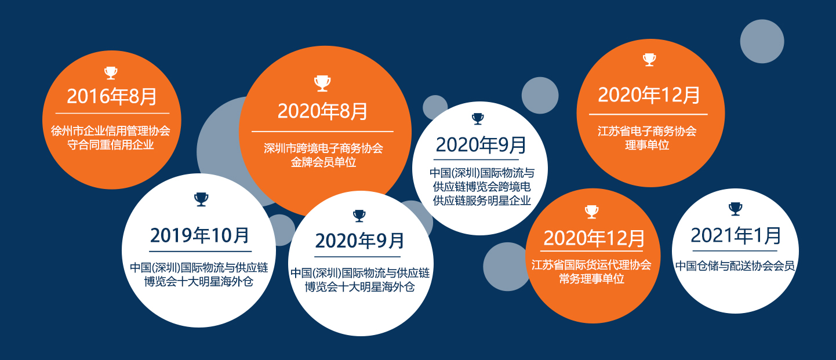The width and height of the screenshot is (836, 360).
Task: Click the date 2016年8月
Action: [x=111, y=96]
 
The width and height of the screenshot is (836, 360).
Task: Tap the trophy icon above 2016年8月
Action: [x=111, y=72]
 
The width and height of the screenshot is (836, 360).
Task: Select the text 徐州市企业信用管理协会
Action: [x=111, y=130]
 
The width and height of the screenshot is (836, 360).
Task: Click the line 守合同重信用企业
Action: [x=111, y=144]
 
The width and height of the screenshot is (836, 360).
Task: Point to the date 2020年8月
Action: [x=322, y=111]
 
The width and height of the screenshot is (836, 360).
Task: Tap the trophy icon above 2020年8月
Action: [x=322, y=83]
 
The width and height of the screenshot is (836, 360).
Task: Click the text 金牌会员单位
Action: [x=323, y=162]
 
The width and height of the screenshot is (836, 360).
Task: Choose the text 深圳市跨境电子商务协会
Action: [x=323, y=148]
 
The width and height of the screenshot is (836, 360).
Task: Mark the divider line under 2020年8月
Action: [x=322, y=132]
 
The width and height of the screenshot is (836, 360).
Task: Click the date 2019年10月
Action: [x=199, y=235]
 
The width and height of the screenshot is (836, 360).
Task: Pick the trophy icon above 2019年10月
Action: [x=201, y=199]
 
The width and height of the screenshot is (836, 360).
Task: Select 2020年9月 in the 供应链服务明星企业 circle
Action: [x=481, y=145]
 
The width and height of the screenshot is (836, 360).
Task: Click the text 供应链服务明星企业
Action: [x=482, y=201]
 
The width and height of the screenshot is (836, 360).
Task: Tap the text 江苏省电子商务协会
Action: [x=647, y=131]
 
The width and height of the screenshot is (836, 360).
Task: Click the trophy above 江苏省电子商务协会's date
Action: [x=649, y=60]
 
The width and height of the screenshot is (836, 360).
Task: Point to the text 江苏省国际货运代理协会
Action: [x=591, y=265]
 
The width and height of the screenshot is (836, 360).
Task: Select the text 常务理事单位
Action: [x=591, y=279]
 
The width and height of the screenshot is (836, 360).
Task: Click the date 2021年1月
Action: [x=736, y=235]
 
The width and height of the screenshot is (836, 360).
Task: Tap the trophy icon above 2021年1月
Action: [x=736, y=209]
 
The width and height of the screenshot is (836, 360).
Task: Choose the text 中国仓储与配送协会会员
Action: [x=735, y=266]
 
